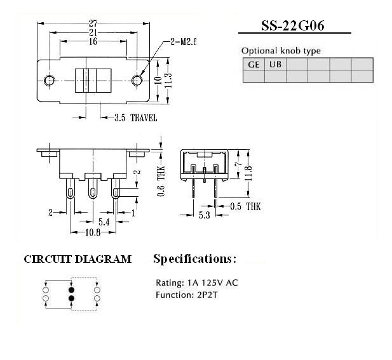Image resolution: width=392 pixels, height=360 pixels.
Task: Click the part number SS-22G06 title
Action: coord(293,25)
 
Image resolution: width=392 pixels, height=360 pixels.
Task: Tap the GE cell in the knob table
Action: coord(253,65)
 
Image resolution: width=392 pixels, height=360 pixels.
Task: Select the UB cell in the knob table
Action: coord(275,65)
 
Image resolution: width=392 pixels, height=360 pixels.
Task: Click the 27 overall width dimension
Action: coord(93,23)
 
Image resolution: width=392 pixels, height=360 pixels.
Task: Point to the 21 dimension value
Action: coord(93,32)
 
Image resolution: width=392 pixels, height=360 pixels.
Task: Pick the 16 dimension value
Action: coord(93,41)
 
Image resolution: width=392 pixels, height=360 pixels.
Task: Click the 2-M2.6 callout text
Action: coord(183,42)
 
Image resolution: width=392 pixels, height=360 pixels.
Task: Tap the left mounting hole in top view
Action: coord(50,81)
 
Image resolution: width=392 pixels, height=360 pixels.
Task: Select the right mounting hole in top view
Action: coord(137,81)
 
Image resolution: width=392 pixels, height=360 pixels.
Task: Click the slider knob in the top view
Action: coord(93,81)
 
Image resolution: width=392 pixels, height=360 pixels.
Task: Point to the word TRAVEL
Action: coord(144,117)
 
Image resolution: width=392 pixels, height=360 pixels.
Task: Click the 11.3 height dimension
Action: coord(168,81)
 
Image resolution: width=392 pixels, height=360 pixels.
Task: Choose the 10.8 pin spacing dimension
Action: coord(93,232)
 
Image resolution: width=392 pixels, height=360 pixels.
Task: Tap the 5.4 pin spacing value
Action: coord(104,222)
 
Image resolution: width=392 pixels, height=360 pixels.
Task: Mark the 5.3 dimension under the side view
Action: coord(204,215)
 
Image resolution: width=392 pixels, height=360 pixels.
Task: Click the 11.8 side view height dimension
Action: coord(248,173)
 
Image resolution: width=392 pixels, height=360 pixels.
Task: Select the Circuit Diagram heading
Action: coord(78,259)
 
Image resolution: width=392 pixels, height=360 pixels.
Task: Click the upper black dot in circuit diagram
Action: coord(72,290)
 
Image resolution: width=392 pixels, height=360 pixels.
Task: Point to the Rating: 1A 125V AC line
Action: coord(197,283)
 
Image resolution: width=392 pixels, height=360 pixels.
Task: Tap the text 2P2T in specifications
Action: coord(207,295)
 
